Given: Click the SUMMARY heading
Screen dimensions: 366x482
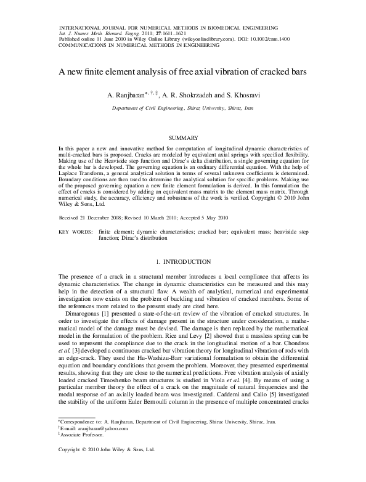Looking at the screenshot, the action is (183, 137).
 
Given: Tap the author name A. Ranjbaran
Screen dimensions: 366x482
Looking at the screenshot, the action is (125, 96).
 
